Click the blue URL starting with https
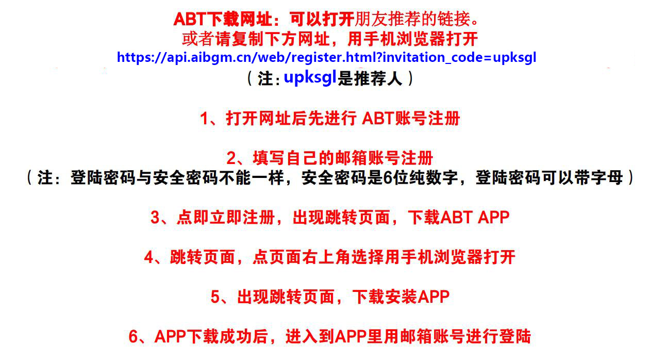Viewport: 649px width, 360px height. point(326,57)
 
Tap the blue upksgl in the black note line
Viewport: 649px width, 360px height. point(310,78)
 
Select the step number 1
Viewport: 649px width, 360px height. point(204,119)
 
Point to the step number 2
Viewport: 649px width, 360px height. point(231,158)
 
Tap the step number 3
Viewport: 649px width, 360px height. point(156,217)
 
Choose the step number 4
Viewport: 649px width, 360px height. point(149,257)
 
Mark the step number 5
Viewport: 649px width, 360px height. point(215,297)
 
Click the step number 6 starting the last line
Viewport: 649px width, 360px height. point(134,336)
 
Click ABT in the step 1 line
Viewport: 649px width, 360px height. point(378,119)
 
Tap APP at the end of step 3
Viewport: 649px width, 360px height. point(494,217)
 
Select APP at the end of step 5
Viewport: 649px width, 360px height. point(434,297)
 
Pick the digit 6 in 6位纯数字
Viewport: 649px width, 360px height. point(388,178)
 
